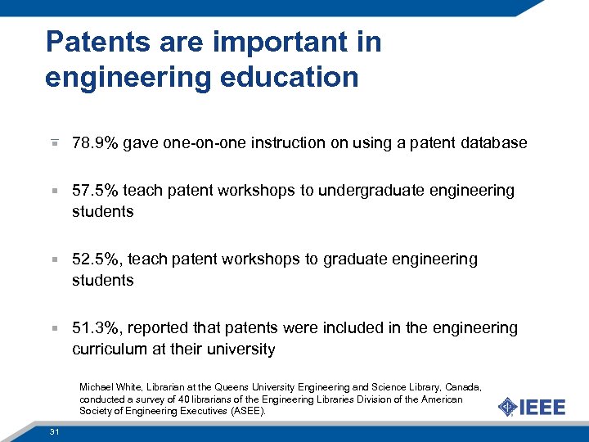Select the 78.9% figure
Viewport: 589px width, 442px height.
94,143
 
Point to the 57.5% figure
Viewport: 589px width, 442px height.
94,191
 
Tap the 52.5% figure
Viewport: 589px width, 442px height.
94,259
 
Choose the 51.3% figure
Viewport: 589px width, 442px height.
94,328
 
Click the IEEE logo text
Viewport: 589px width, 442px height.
543,407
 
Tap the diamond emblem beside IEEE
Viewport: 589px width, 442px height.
508,407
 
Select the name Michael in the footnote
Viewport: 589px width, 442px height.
96,386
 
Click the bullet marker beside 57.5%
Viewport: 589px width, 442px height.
53,192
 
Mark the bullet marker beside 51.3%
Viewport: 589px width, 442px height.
53,329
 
